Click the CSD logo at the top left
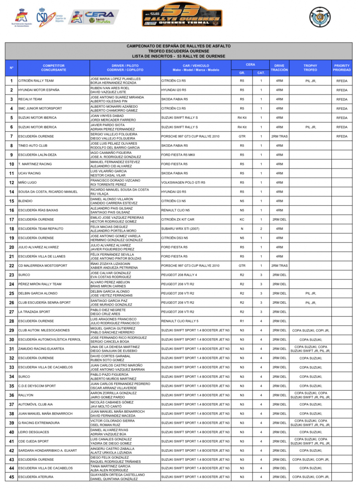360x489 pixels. pyautogui.click(x=43, y=17)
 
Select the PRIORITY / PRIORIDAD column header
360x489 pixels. pyautogui.click(x=341, y=67)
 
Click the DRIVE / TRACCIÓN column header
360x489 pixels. pyautogui.click(x=279, y=67)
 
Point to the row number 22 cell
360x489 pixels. pyautogui.click(x=11, y=266)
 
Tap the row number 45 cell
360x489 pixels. pyautogui.click(x=11, y=477)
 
